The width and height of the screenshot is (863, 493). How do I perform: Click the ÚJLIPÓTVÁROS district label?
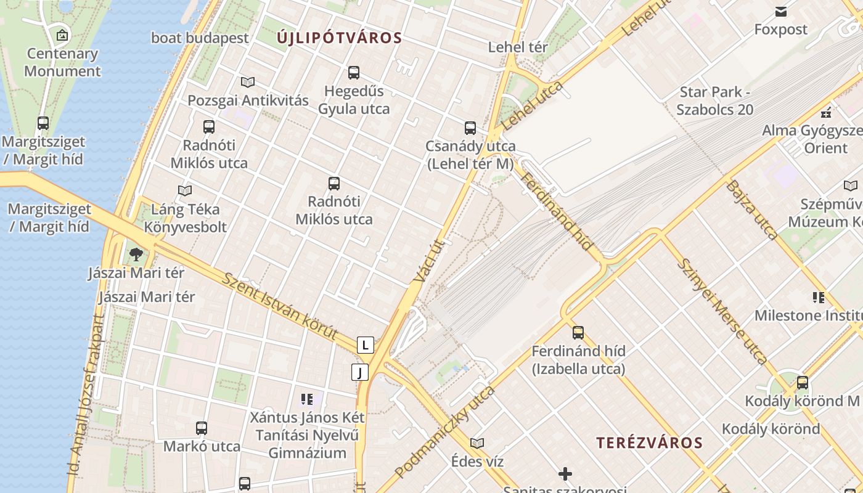(x=339, y=38)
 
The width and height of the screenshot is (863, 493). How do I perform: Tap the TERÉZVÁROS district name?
(x=650, y=442)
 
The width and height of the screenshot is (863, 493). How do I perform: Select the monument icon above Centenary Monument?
(x=62, y=35)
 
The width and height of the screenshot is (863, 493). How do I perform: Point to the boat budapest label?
(x=200, y=38)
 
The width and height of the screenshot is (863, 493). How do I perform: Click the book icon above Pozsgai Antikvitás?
(x=248, y=82)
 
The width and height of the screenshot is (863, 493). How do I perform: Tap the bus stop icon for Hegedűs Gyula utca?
(x=354, y=73)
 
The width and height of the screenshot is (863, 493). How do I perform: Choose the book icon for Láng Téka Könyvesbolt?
(x=185, y=190)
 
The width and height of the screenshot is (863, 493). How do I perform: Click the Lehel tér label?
(x=518, y=47)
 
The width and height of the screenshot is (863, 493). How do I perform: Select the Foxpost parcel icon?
(x=781, y=11)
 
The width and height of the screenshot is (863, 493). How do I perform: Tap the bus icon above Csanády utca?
(x=470, y=128)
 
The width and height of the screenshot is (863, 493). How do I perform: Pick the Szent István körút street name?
(x=281, y=306)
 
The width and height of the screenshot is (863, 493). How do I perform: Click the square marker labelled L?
(x=366, y=345)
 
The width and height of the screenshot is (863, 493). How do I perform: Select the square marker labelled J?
(x=360, y=372)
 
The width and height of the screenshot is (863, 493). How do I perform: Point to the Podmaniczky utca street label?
(x=444, y=433)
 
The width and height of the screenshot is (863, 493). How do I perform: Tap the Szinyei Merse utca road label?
(x=722, y=311)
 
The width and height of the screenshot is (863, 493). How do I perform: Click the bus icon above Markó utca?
(x=202, y=428)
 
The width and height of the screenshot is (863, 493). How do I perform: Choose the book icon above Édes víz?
(x=477, y=443)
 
